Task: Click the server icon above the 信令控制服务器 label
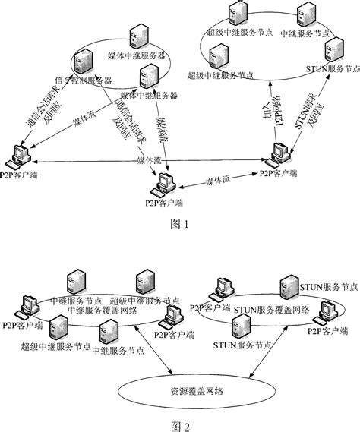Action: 83,60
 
